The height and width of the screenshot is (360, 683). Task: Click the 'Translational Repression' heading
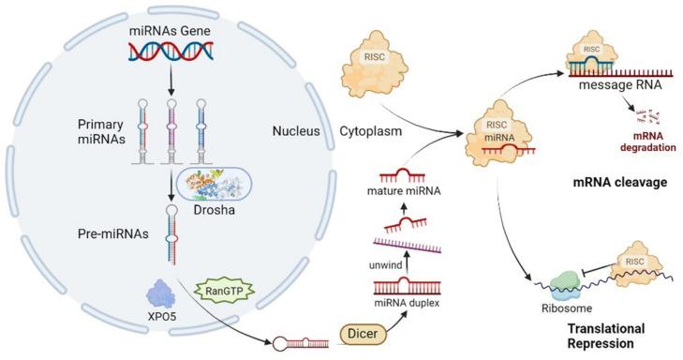583,337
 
